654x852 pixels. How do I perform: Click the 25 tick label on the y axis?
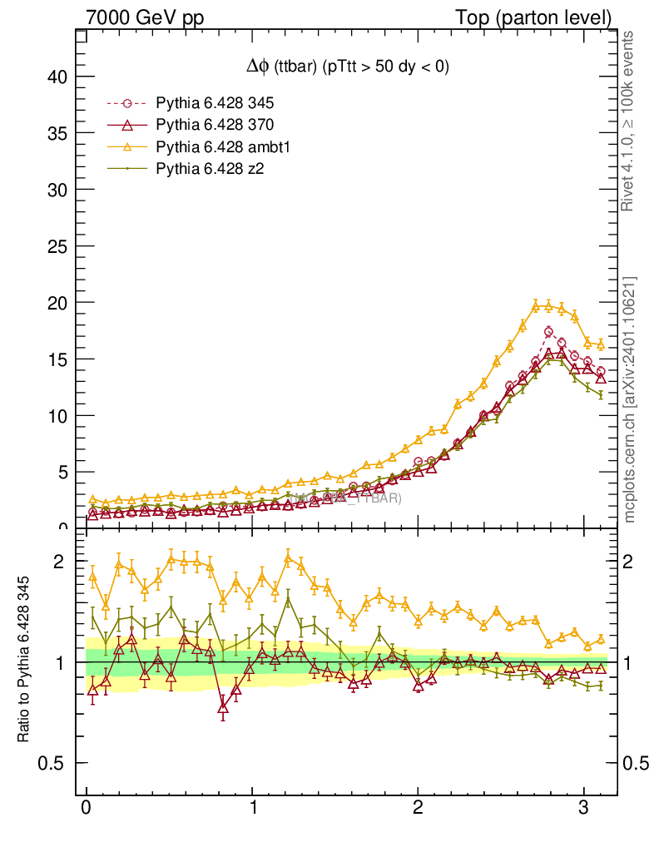[x=56, y=246]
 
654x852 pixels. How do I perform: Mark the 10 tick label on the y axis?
[x=56, y=416]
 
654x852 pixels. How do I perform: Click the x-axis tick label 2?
[x=418, y=808]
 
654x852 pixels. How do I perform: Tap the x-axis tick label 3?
[x=584, y=808]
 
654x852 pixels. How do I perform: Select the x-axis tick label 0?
[x=87, y=808]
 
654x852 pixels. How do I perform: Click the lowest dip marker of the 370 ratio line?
[x=223, y=708]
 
